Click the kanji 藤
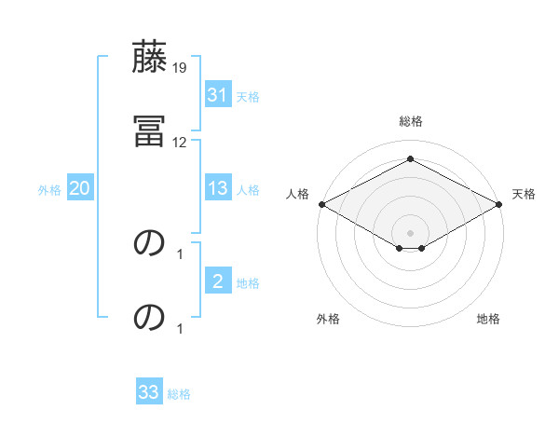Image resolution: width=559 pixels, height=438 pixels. coord(150,58)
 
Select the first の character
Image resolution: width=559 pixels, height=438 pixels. coord(150,242)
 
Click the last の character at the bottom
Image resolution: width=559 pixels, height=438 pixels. coord(150,317)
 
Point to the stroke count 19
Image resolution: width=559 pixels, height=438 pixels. coord(180,68)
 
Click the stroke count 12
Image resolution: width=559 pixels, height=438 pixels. coord(180,143)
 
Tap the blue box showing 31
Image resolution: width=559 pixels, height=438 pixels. coord(218,94)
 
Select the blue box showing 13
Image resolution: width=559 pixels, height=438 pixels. coord(218,188)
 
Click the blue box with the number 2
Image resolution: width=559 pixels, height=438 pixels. coord(218,281)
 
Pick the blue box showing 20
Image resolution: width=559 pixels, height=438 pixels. coord(80,188)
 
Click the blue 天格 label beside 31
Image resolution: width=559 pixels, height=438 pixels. coord(248,95)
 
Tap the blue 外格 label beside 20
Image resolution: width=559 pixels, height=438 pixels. coord(49,189)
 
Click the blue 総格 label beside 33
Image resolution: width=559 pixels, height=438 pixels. coord(179,393)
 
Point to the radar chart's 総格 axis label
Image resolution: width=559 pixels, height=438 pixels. coord(411,121)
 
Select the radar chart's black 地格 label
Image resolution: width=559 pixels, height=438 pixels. coord(488,319)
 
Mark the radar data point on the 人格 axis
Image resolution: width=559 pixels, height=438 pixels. coord(321,204)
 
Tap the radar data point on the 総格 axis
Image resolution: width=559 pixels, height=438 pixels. coord(411,158)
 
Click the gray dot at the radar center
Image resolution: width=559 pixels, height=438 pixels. coord(411,233)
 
